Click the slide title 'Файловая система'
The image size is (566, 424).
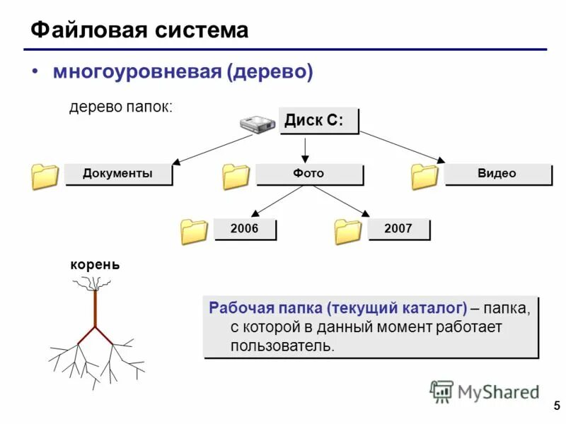pos(140,30)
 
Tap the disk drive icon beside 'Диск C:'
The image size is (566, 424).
pos(257,124)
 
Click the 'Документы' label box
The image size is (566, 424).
pos(118,174)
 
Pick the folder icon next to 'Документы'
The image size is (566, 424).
pos(45,177)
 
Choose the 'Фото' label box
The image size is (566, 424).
pos(309,174)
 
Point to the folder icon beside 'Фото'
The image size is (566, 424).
pos(236,177)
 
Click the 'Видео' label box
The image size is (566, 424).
pos(497,174)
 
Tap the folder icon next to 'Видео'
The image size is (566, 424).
pos(424,177)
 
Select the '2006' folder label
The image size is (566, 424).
pos(246,229)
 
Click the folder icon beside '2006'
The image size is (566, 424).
pos(194,231)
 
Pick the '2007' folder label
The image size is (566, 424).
pos(398,229)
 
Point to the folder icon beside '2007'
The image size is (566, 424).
pos(347,231)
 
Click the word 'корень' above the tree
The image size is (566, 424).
pos(95,265)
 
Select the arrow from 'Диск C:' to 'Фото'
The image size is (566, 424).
pos(304,149)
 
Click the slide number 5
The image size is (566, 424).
pos(555,406)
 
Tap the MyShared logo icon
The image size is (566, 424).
pos(441,391)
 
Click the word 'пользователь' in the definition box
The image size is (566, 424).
pos(281,346)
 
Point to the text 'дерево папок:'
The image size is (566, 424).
pos(120,107)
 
